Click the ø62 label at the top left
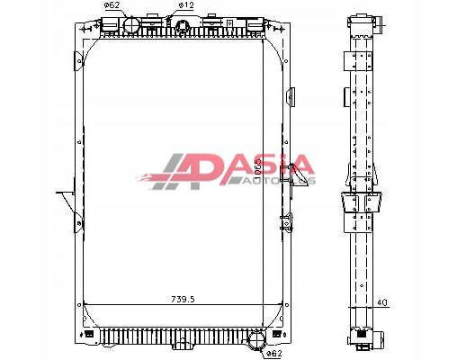point(112,6)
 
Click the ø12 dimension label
point(185,6)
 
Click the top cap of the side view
point(360,22)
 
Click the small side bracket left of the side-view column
point(345,95)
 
